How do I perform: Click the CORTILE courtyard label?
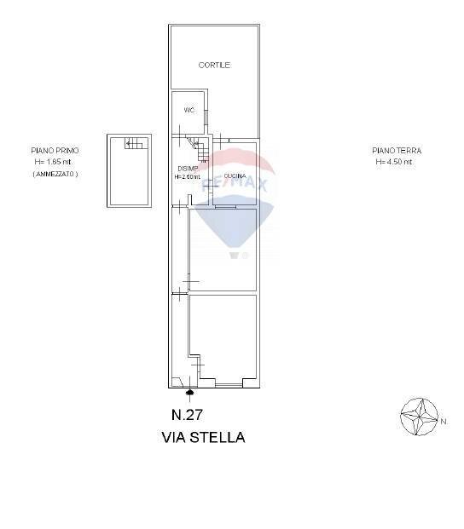click(x=215, y=66)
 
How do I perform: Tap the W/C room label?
click(x=188, y=111)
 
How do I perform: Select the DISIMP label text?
click(x=188, y=169)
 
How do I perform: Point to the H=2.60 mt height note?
click(x=188, y=177)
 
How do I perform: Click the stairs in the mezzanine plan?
click(x=134, y=143)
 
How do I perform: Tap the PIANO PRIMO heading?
click(x=55, y=151)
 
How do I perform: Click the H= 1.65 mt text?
click(x=55, y=161)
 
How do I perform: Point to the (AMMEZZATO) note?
click(x=55, y=174)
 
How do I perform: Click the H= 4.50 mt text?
click(x=394, y=161)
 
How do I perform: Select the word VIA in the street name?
click(x=173, y=438)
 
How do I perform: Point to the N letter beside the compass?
click(x=444, y=421)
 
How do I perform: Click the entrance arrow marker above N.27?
click(x=189, y=393)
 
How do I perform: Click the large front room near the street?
click(x=223, y=339)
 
